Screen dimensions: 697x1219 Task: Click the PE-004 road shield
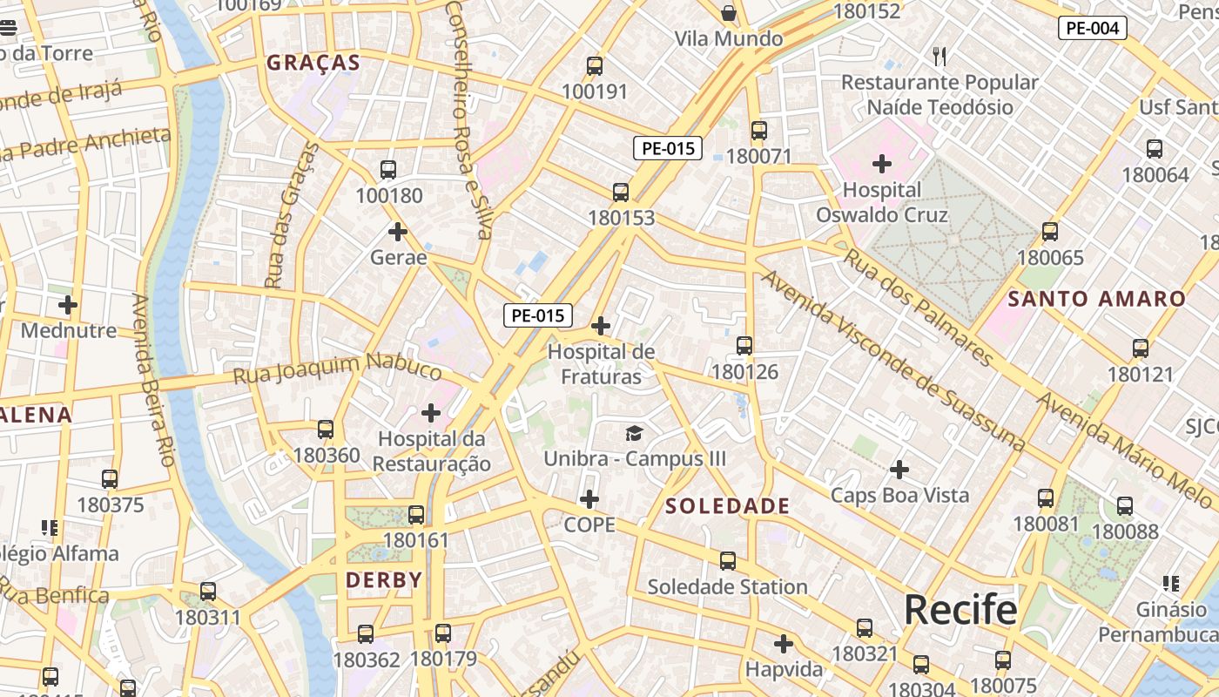[1092, 28]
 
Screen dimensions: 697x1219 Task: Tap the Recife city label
[960, 609]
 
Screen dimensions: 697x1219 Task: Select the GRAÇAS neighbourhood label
[313, 63]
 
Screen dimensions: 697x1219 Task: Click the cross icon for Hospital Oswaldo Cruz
[882, 163]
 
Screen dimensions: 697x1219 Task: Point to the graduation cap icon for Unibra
[635, 432]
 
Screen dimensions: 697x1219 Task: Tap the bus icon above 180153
[621, 193]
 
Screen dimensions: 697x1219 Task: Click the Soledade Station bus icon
[728, 561]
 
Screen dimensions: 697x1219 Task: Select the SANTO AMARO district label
[1097, 299]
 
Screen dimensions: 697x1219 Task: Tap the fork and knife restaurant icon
[940, 57]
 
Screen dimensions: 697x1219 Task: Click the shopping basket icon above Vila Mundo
[729, 13]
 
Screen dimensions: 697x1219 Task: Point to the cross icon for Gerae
[398, 232]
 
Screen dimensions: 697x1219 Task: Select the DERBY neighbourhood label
[384, 580]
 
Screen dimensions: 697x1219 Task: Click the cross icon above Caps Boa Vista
[899, 470]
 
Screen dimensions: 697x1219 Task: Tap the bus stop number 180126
[744, 372]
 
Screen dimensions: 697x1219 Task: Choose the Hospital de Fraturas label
[601, 364]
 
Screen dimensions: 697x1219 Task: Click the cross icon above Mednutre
[68, 305]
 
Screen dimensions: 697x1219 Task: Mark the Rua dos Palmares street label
[918, 308]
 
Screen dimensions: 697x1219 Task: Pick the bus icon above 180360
[326, 430]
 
